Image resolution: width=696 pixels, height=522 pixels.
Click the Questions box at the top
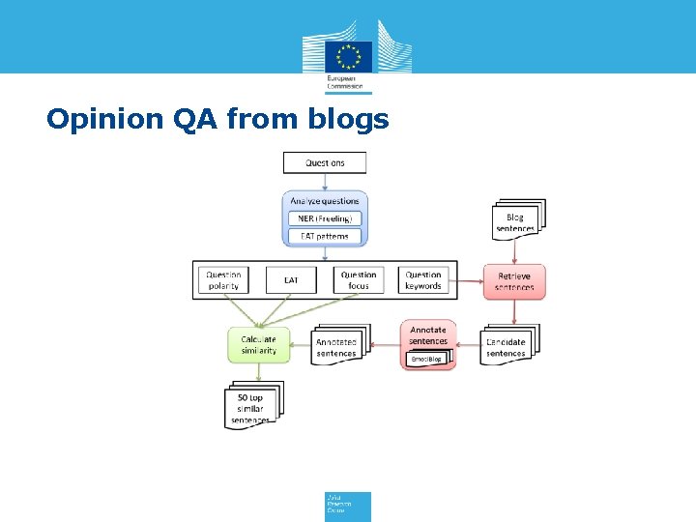[324, 162]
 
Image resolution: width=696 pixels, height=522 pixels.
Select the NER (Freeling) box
[324, 218]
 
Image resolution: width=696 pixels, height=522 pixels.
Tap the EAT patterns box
[324, 236]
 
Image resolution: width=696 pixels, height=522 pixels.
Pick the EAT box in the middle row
[291, 280]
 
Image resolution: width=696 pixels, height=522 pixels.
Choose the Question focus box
[359, 280]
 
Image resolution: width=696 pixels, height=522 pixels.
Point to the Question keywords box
[422, 280]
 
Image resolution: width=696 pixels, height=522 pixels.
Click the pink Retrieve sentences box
[514, 281]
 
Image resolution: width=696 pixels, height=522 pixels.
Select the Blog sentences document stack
[516, 221]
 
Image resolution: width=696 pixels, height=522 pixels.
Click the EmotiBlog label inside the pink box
[426, 359]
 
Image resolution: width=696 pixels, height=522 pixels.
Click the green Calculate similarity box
[258, 344]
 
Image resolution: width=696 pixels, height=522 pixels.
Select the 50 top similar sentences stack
[251, 406]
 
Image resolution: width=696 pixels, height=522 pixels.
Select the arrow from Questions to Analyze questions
[324, 182]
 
